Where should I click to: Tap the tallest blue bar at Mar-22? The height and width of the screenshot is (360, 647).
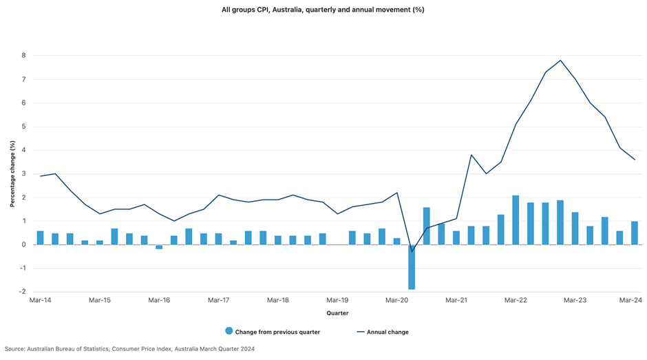point(516,220)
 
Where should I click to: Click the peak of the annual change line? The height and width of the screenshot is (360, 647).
point(560,61)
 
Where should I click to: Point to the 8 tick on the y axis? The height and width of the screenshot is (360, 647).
point(23,56)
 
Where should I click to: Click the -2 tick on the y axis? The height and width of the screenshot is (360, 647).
point(22,292)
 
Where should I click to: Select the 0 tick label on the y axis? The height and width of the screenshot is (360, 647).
point(23,244)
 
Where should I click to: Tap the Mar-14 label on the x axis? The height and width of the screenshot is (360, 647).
point(40,300)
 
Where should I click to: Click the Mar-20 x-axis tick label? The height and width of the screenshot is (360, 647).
point(396,300)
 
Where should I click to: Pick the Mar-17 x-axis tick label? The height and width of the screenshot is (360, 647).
point(218,300)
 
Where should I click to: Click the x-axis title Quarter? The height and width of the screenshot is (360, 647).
point(337,313)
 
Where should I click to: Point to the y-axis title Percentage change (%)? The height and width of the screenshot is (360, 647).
point(12,174)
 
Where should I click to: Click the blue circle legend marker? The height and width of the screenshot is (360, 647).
point(229,332)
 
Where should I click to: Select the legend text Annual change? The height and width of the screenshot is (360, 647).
point(388,332)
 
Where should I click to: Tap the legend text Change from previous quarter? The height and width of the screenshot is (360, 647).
point(277,332)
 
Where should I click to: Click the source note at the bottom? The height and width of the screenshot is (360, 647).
point(129,349)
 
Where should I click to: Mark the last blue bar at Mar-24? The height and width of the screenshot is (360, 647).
point(634,233)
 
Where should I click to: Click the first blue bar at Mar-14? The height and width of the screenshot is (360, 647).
point(40,237)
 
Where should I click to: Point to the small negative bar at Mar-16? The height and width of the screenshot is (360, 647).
point(159,246)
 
